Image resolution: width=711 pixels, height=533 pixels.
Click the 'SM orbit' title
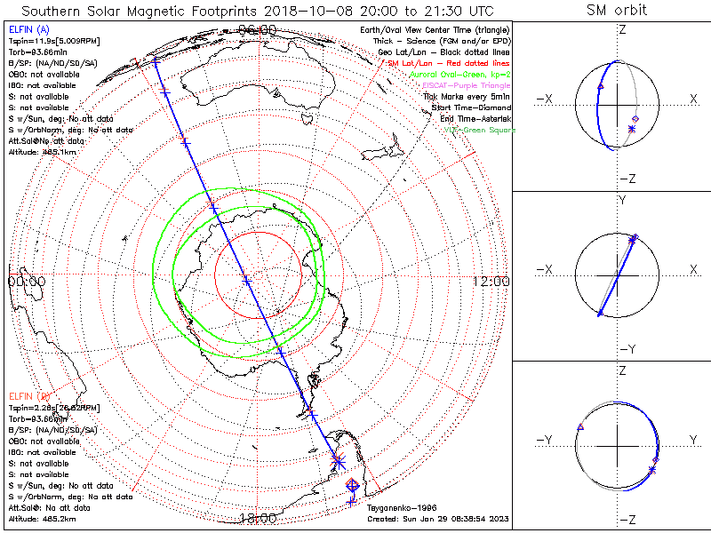616,11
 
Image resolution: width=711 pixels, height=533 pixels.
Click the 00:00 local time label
26,281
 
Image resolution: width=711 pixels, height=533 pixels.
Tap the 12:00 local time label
491,281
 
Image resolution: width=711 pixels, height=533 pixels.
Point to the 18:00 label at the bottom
258,519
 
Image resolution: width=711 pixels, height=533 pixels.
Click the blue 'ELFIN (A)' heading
28,30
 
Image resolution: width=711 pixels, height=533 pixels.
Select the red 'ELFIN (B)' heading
28,395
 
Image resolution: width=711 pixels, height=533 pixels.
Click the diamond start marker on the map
351,485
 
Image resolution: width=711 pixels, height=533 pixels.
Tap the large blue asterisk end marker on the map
338,459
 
